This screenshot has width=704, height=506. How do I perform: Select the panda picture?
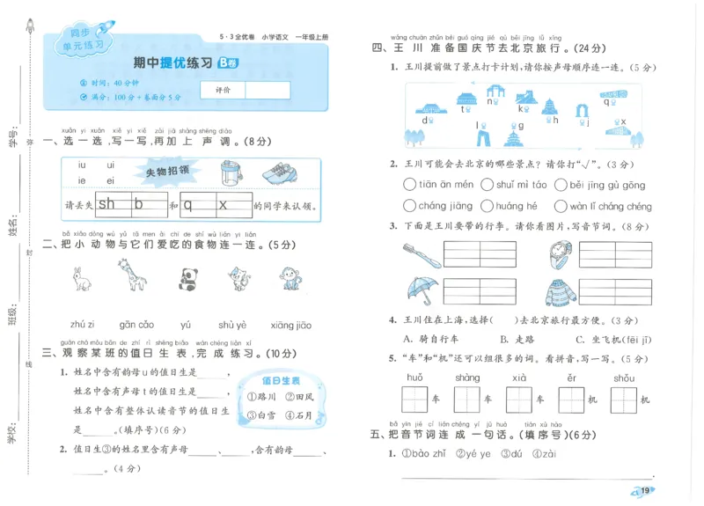187,280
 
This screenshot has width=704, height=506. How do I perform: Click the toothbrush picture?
422,254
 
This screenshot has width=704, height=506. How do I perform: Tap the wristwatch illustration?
560,253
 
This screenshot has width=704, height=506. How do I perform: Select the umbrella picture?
422,290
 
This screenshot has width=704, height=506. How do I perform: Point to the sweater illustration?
561,292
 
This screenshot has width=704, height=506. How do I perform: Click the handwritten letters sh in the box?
106,205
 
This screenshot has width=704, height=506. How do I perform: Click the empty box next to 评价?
268,90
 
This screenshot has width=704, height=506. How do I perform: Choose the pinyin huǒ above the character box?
414,378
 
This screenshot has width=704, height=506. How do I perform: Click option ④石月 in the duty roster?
293,414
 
